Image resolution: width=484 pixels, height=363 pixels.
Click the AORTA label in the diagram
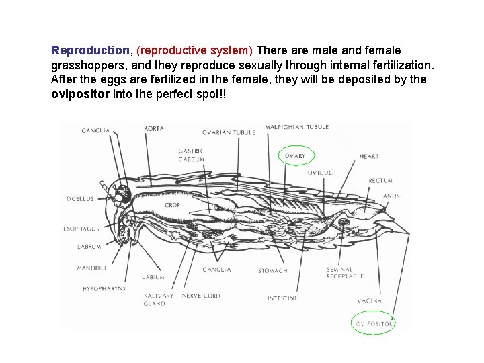click(153, 128)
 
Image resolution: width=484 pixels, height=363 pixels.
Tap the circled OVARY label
click(294, 156)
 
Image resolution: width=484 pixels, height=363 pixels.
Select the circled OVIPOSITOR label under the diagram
click(374, 323)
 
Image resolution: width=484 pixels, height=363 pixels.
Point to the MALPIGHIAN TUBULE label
click(297, 127)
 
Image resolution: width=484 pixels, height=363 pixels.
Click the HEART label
click(369, 156)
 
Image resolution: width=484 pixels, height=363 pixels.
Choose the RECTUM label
click(380, 180)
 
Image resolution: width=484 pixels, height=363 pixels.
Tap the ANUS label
click(391, 196)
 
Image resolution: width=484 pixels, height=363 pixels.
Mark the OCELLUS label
click(80, 198)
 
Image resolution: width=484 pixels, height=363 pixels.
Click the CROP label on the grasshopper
click(172, 205)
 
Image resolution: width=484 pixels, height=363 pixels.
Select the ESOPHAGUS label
click(81, 229)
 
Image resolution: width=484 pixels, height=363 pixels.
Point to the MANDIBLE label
click(92, 268)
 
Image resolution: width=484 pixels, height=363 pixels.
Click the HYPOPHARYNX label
click(104, 288)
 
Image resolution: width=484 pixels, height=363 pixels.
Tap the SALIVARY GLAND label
click(158, 299)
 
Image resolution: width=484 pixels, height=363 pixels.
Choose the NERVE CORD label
click(201, 296)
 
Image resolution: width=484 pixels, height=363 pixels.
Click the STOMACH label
click(272, 271)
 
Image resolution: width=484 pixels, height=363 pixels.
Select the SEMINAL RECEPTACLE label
click(345, 273)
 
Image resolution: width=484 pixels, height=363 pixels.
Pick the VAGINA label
click(369, 300)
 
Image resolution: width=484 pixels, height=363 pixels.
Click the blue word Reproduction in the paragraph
click(90, 50)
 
